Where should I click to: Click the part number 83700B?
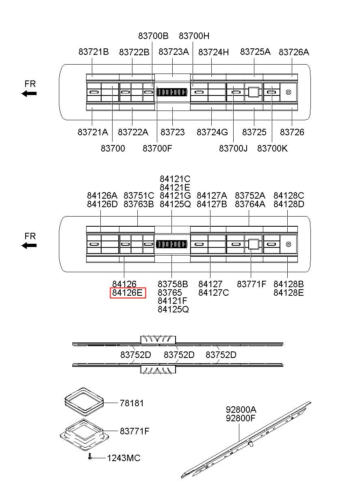[153, 36]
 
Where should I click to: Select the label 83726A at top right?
[294, 52]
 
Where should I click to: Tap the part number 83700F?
[157, 148]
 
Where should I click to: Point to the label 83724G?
[212, 132]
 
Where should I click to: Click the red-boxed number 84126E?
[128, 293]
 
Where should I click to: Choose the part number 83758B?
[173, 284]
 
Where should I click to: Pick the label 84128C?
[288, 196]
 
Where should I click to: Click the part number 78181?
[132, 403]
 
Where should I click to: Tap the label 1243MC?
[124, 458]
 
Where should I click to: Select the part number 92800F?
[241, 417]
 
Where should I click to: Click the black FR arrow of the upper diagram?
[29, 93]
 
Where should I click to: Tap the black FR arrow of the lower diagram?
[29, 245]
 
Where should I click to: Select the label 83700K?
[272, 148]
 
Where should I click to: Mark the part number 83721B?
[93, 52]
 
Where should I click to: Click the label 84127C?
[213, 293]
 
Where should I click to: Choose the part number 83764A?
[250, 204]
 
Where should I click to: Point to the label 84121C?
[175, 179]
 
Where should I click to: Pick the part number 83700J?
[233, 148]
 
